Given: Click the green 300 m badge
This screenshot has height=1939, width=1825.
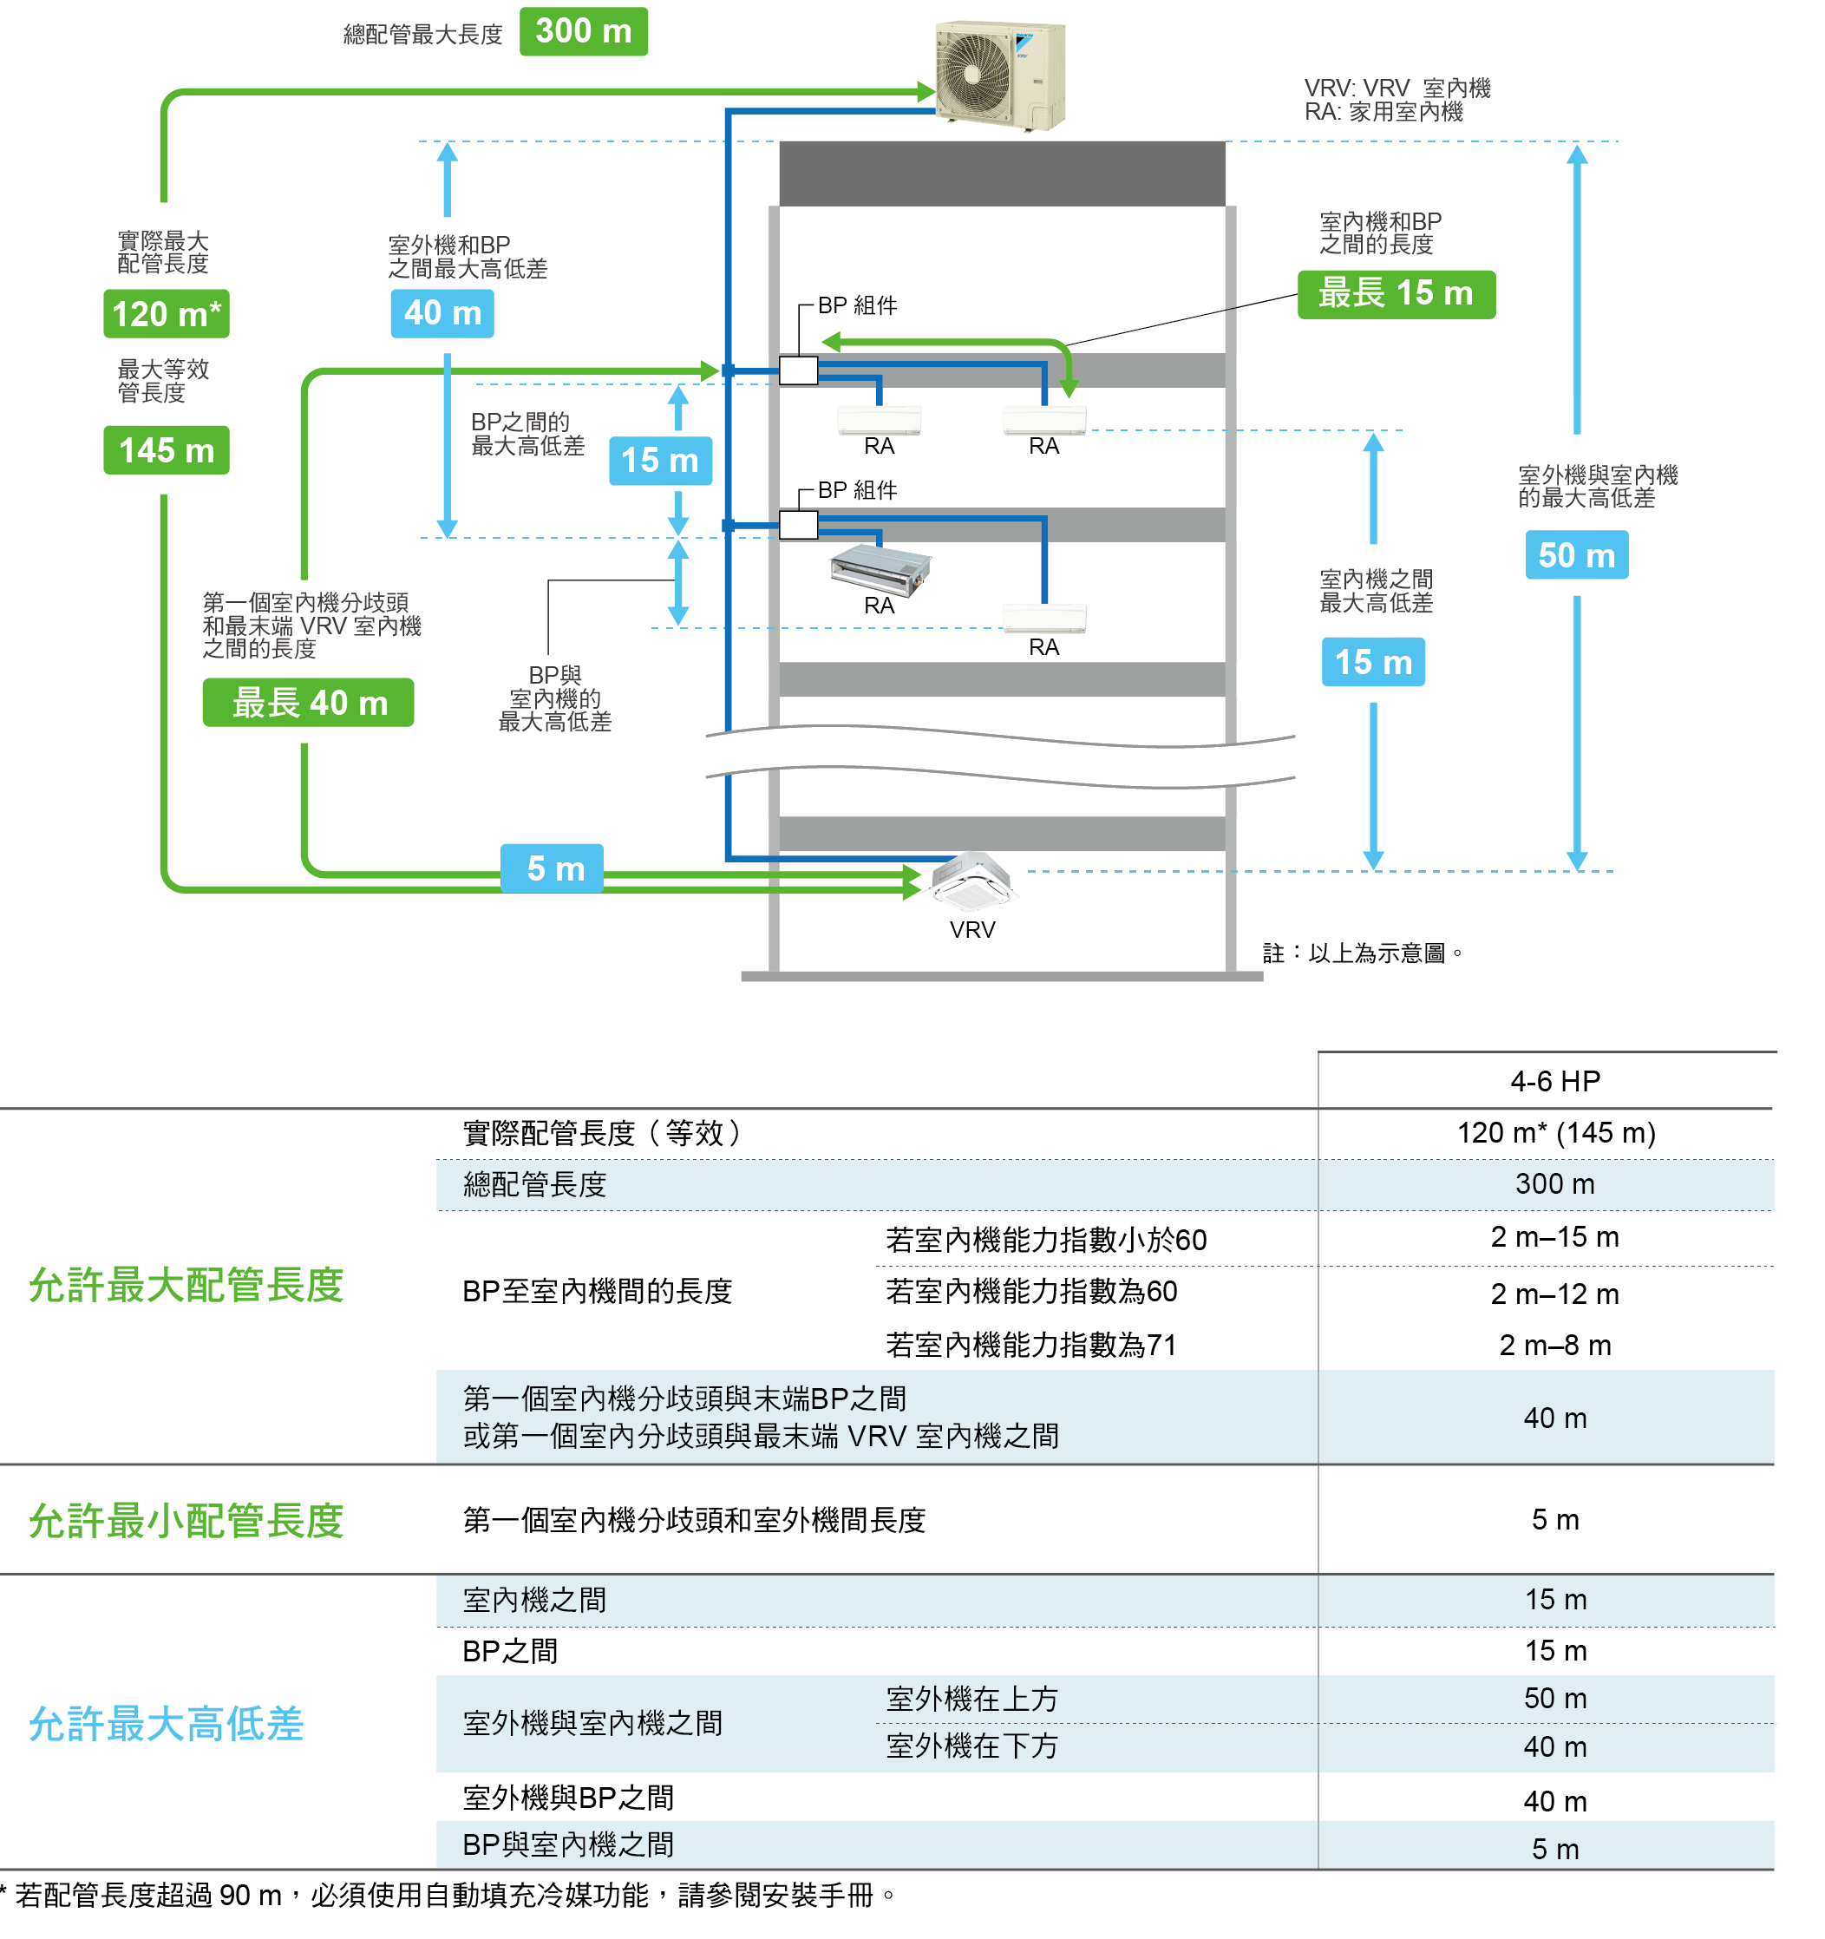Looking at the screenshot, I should pyautogui.click(x=583, y=31).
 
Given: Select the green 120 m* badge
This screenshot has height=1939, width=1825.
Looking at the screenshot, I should pyautogui.click(x=166, y=314).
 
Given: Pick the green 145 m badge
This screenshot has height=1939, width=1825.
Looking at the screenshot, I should pyautogui.click(x=166, y=450).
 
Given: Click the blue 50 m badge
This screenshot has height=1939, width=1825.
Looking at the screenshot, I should pyautogui.click(x=1576, y=555).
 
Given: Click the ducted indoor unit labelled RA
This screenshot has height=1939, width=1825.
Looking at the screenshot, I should pyautogui.click(x=880, y=567).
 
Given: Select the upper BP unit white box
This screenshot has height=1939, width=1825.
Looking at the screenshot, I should pyautogui.click(x=798, y=370).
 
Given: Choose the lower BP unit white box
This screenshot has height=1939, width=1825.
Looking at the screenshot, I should pyautogui.click(x=798, y=525).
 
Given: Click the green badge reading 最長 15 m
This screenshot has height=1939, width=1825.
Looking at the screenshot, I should pyautogui.click(x=1395, y=293).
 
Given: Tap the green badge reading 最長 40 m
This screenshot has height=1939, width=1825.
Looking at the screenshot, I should pyautogui.click(x=308, y=702).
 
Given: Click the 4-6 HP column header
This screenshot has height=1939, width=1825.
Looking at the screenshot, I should pyautogui.click(x=1555, y=1081).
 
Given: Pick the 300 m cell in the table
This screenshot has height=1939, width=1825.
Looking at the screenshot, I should pyautogui.click(x=1555, y=1184).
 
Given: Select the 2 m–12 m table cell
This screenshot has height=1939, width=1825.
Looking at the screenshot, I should pyautogui.click(x=1555, y=1294).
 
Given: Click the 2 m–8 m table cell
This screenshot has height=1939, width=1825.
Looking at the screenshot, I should pyautogui.click(x=1555, y=1345).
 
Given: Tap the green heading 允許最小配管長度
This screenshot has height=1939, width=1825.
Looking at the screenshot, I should pyautogui.click(x=186, y=1521).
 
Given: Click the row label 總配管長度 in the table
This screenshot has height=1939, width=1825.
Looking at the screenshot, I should pyautogui.click(x=534, y=1185).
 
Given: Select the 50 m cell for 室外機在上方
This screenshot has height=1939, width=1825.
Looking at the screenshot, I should pyautogui.click(x=1555, y=1698).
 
